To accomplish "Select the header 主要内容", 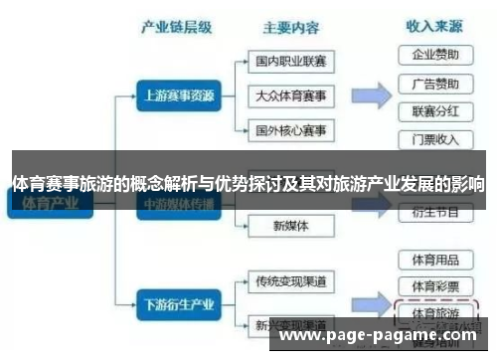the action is [x=289, y=27].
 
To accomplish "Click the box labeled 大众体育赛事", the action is [x=290, y=96].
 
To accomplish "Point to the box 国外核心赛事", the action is [x=290, y=130].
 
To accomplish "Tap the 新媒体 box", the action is [x=290, y=226].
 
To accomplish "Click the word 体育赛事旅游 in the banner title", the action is [x=60, y=183].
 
